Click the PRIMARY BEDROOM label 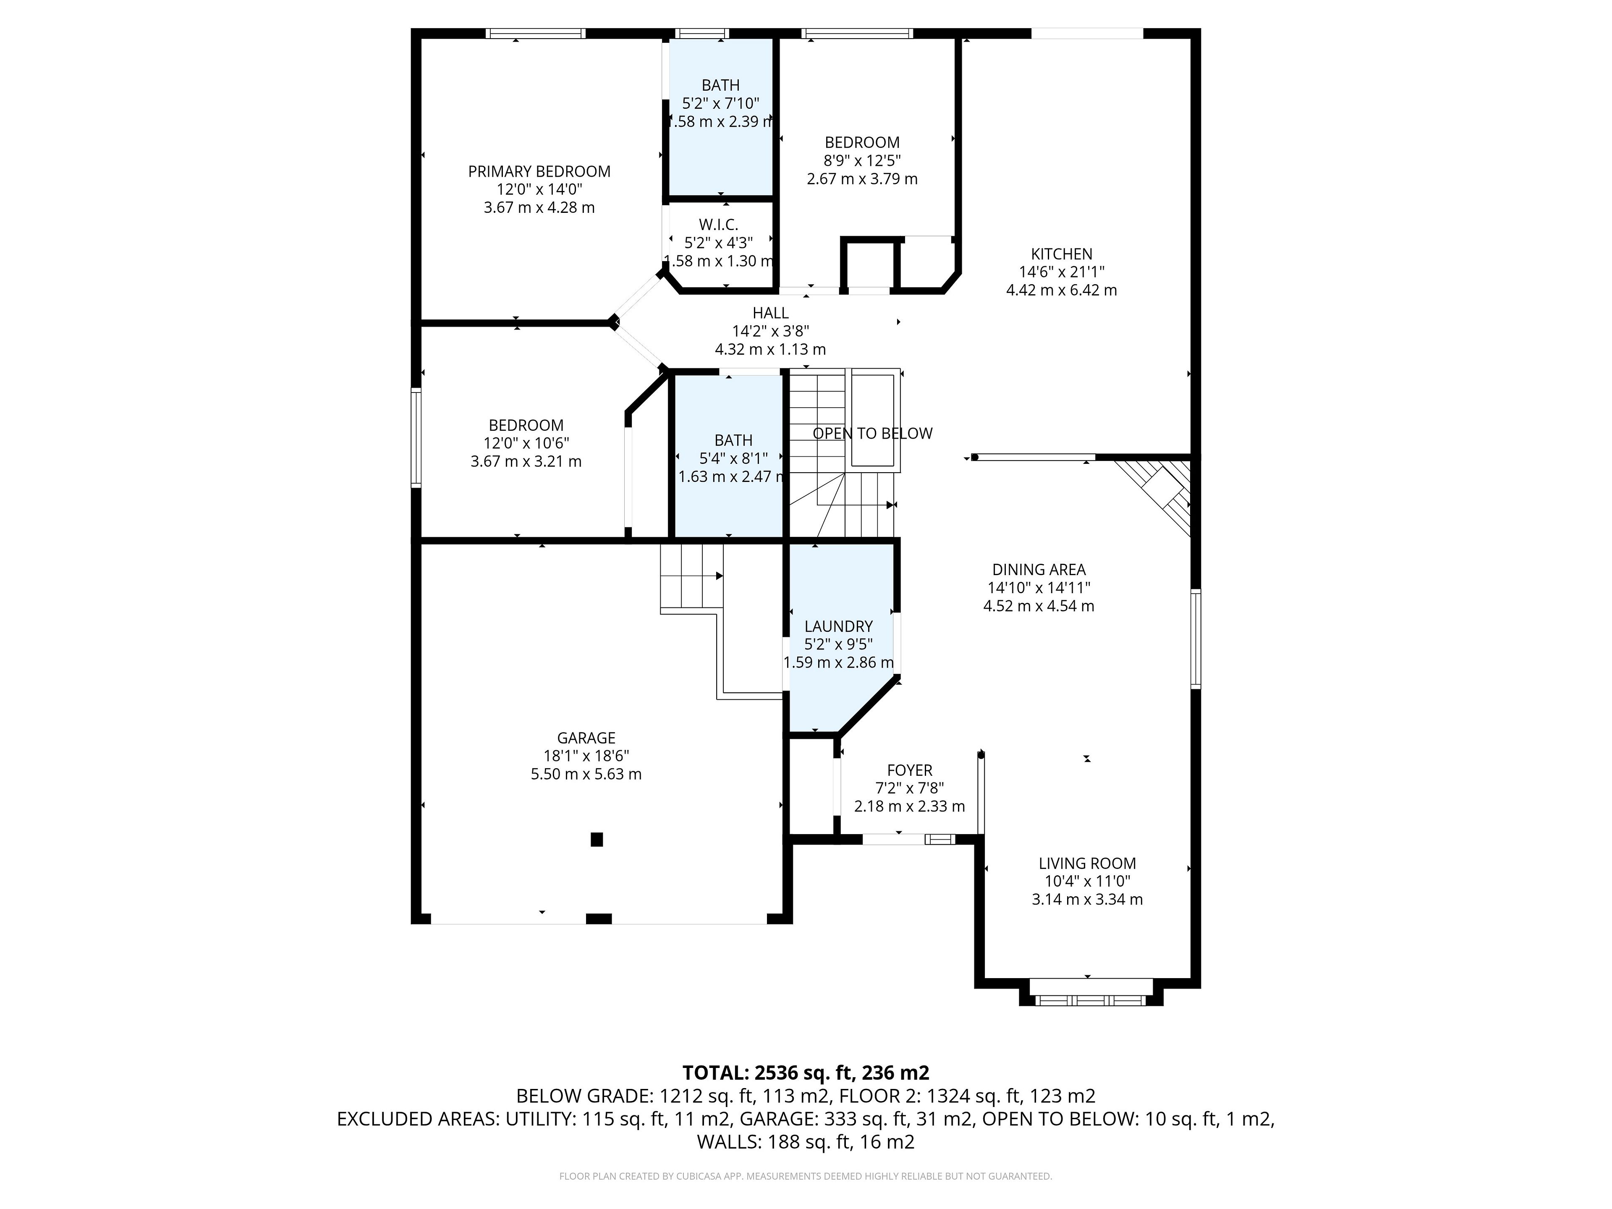coord(539,171)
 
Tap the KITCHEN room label coord(1062,254)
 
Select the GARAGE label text coord(586,738)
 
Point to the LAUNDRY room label coord(838,626)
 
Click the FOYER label coord(910,770)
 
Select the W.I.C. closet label coord(719,225)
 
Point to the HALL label coord(770,313)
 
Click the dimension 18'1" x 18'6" coord(586,756)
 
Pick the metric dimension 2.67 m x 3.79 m coord(862,178)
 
